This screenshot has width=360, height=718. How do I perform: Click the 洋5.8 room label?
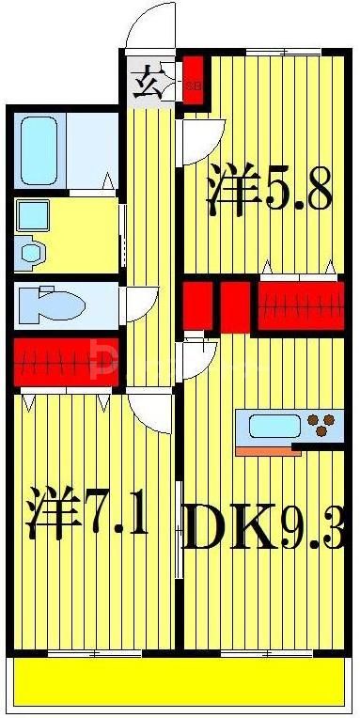click(x=270, y=192)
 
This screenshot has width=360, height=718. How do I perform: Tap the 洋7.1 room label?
click(x=86, y=512)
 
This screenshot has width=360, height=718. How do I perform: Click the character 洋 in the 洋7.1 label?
click(x=48, y=512)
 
